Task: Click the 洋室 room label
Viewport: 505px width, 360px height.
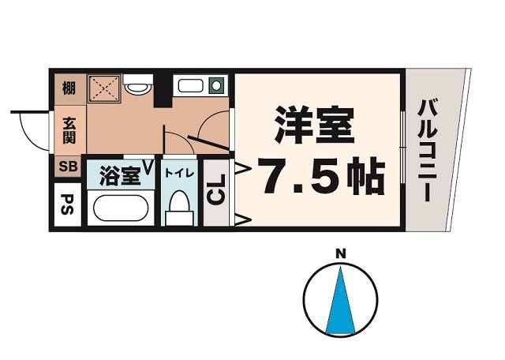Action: [x=314, y=125]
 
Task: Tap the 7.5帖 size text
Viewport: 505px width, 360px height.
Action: [x=324, y=176]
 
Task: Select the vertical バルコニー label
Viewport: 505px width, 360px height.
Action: [x=427, y=151]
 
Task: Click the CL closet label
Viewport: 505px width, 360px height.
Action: [x=215, y=189]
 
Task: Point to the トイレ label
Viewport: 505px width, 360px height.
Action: [x=179, y=173]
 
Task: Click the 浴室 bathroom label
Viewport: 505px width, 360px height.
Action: [x=120, y=175]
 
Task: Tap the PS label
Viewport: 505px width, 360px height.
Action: [x=67, y=204]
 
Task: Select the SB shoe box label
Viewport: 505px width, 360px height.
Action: [x=68, y=167]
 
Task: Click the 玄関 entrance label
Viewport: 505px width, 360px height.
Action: [x=69, y=130]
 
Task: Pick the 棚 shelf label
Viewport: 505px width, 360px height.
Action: [x=69, y=88]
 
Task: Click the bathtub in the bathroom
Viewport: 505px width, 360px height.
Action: [x=121, y=208]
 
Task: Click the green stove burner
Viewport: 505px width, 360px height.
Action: [x=216, y=85]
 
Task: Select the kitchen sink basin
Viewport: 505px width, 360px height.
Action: [x=190, y=86]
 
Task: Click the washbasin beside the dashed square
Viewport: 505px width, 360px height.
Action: [x=138, y=84]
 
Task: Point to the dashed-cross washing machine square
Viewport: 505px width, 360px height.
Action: [x=104, y=88]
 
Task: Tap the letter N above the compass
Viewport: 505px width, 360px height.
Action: [x=341, y=254]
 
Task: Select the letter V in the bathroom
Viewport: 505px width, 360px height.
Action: [x=148, y=167]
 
